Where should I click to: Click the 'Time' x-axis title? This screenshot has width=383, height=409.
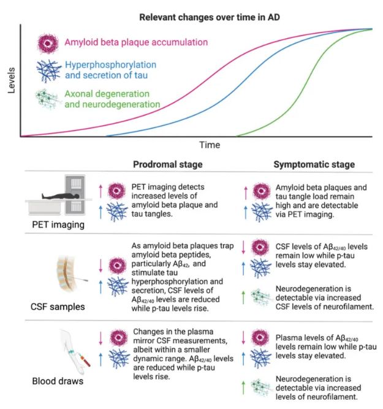point(208,145)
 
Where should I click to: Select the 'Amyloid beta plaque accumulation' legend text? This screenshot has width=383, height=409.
point(136,42)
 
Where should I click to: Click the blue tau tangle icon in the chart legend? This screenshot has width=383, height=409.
point(47,70)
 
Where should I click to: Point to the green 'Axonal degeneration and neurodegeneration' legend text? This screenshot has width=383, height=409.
point(112,99)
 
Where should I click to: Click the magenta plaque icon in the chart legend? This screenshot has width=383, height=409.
point(47,43)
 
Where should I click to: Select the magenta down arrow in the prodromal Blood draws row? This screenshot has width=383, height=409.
point(100,338)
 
